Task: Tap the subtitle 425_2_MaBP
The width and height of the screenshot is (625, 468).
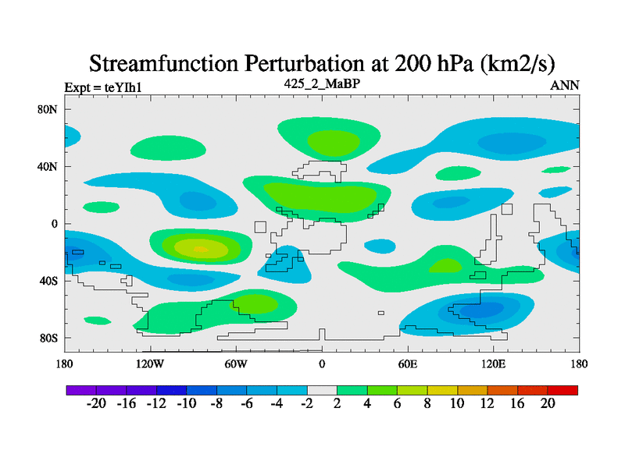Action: click(322, 83)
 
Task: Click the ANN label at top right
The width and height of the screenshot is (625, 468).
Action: click(565, 85)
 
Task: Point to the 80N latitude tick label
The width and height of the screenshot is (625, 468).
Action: click(48, 109)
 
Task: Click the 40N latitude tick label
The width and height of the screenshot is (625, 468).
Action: click(48, 166)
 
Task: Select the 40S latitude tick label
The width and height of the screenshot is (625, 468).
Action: click(48, 281)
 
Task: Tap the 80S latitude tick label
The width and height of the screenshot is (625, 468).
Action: click(48, 338)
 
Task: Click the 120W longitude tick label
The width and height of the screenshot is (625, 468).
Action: click(150, 363)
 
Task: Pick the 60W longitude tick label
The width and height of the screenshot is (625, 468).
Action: click(236, 363)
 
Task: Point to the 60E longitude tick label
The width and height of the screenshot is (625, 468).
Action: click(408, 363)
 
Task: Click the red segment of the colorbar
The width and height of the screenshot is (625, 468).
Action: click(562, 389)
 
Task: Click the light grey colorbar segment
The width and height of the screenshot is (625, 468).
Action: click(322, 389)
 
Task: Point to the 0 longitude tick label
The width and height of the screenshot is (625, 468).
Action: click(322, 363)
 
